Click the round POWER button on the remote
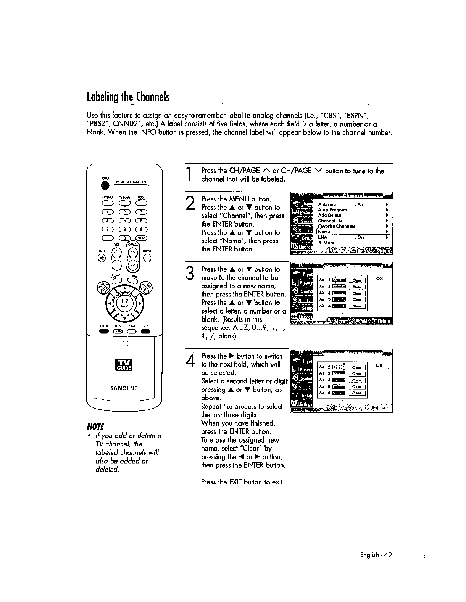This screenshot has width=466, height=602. click(105, 185)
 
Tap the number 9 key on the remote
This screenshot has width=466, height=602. click(142, 229)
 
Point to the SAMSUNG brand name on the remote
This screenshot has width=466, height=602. click(124, 388)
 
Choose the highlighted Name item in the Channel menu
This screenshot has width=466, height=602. click(353, 232)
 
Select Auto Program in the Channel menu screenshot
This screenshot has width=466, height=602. click(332, 210)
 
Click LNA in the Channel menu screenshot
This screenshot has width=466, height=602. click(322, 237)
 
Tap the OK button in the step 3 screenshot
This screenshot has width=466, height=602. click(379, 278)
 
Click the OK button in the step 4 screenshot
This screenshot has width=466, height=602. click(379, 365)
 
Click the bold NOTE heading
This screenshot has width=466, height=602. click(95, 426)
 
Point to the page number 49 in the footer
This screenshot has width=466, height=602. click(387, 555)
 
